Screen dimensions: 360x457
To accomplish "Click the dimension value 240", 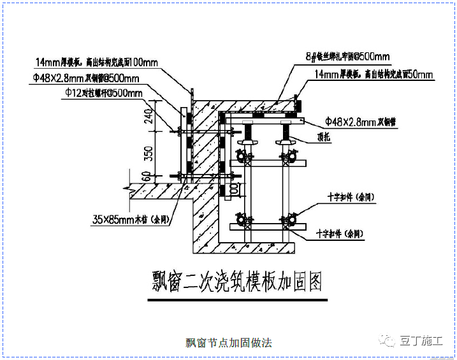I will (x=147, y=117).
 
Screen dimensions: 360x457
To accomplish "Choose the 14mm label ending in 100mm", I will (x=96, y=63).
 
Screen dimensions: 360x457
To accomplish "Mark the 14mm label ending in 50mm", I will (x=374, y=75).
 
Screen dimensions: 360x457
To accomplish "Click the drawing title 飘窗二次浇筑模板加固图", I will (x=236, y=281).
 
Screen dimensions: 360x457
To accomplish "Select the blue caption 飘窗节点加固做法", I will (x=228, y=343).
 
